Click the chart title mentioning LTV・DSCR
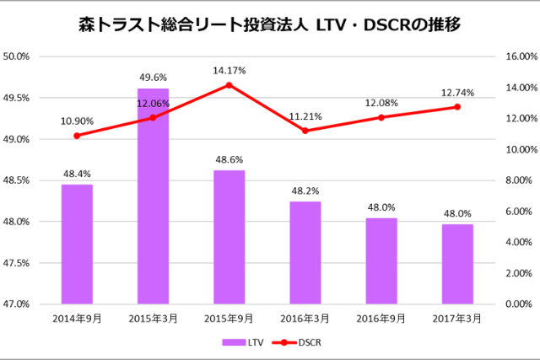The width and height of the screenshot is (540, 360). (269, 25)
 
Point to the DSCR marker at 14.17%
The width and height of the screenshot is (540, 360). (229, 84)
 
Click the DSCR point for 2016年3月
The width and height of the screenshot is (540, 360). (305, 131)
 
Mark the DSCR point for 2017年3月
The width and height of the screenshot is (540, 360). (456, 107)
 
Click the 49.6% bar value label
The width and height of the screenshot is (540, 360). (153, 78)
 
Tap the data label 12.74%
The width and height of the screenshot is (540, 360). (456, 93)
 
